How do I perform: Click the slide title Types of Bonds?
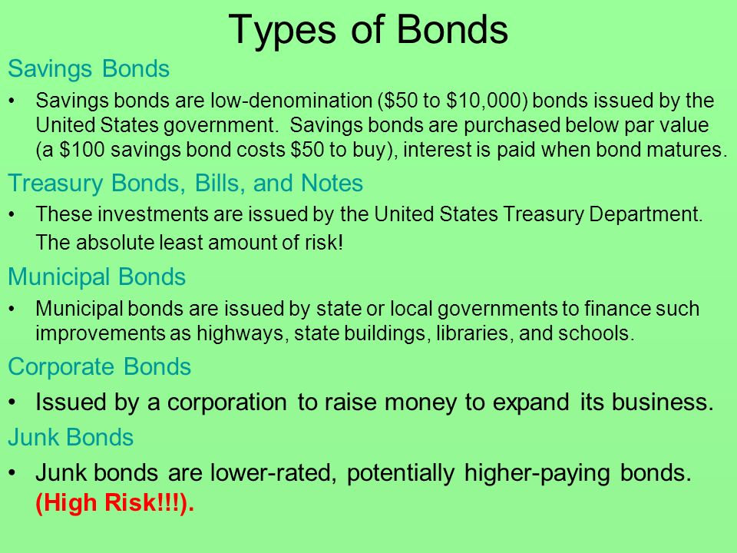pos(368,30)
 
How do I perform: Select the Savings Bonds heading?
pos(88,68)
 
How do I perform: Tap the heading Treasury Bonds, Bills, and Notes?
pos(185,184)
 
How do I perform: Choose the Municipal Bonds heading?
pos(97,276)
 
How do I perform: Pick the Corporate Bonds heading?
pos(99,367)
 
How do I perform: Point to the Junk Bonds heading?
pos(71,437)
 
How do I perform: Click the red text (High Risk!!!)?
pos(114,502)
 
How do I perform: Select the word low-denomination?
pos(291,101)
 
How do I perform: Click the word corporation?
pos(226,402)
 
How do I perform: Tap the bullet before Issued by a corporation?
pos(13,402)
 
